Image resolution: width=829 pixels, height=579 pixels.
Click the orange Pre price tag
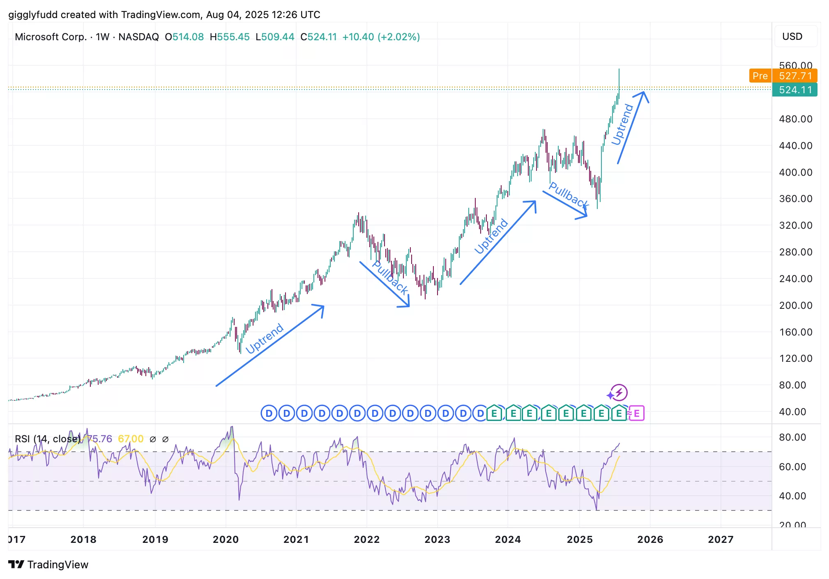[x=760, y=76]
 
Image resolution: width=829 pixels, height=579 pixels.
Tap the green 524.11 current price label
[x=795, y=90]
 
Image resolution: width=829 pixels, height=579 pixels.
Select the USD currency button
[x=792, y=37]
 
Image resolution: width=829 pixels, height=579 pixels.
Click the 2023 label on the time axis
[x=437, y=539]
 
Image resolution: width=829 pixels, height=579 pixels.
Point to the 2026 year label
[x=650, y=539]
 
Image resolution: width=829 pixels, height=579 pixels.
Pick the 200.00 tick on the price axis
[x=795, y=306]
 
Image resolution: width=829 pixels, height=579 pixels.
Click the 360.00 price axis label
[x=795, y=199]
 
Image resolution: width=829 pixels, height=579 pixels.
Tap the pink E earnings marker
[x=636, y=413]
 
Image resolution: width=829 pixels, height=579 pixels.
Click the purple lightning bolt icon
[x=619, y=393]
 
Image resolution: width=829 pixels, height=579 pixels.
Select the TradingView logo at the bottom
[x=48, y=565]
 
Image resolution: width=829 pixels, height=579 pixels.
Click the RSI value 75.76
[x=99, y=439]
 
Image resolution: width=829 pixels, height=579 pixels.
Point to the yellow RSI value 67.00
[x=131, y=439]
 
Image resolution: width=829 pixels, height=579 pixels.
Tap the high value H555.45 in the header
[x=230, y=37]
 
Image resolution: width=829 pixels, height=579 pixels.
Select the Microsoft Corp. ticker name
[x=51, y=37]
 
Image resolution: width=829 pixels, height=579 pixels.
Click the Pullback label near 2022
[x=390, y=278]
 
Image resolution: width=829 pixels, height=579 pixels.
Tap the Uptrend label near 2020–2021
[x=265, y=338]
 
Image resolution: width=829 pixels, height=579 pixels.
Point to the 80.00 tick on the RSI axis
[x=792, y=437]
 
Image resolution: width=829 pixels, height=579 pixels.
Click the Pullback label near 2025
[x=569, y=195]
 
